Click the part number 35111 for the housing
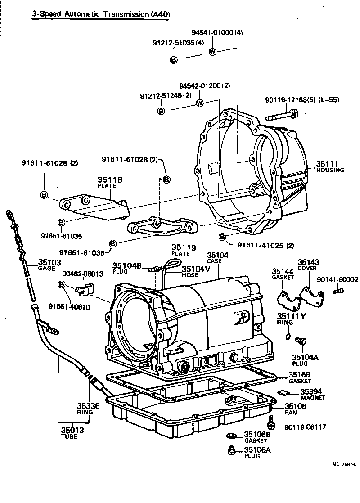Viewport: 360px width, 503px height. [x=327, y=164]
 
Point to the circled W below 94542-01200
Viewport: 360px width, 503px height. [x=200, y=103]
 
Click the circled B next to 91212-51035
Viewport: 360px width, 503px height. [x=174, y=59]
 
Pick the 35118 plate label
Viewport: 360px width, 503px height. [x=110, y=180]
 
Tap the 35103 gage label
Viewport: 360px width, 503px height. [x=49, y=262]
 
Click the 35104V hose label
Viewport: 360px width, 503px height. [x=196, y=269]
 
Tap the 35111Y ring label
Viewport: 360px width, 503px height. [x=291, y=316]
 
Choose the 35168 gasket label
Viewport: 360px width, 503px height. [x=299, y=374]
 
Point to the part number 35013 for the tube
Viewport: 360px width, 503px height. [x=73, y=430]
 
